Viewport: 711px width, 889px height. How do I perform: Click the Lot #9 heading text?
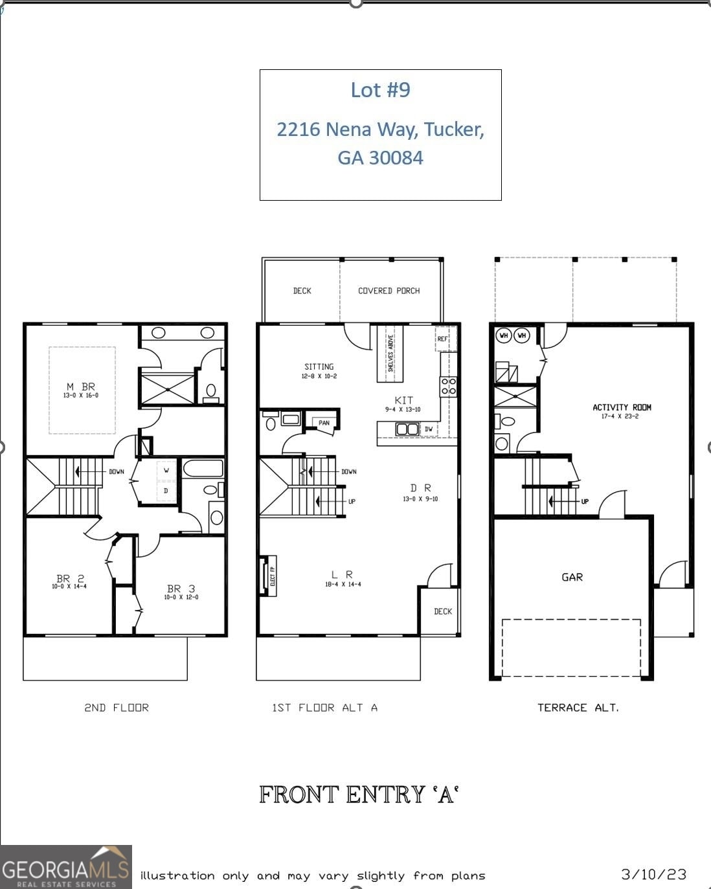pos(380,90)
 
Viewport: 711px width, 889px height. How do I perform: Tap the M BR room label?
pos(81,387)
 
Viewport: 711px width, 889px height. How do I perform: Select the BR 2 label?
pos(70,579)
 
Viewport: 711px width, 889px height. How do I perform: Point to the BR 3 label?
pos(181,589)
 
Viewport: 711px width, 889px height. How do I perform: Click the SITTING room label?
pos(319,367)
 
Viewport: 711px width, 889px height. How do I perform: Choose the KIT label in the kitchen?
pos(403,400)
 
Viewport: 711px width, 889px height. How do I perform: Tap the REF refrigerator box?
pos(443,339)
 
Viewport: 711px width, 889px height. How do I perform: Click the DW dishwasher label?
pos(428,429)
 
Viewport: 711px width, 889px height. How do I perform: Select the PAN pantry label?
pos(324,423)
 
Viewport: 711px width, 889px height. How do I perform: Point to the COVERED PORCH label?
pos(389,291)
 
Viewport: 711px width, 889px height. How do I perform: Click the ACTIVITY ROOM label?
pos(622,407)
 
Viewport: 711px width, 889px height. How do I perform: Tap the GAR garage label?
pos(572,577)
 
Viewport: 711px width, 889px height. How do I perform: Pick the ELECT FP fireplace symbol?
pos(269,574)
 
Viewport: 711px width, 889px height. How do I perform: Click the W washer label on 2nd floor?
pos(166,471)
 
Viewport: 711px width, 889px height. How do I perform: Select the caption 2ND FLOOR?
pos(117,708)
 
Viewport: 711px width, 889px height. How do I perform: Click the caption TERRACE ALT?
pos(578,708)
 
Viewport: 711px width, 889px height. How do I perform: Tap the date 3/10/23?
pos(653,875)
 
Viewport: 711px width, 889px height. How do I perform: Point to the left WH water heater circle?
pos(503,335)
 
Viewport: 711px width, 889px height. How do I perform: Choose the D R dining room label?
pos(420,488)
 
